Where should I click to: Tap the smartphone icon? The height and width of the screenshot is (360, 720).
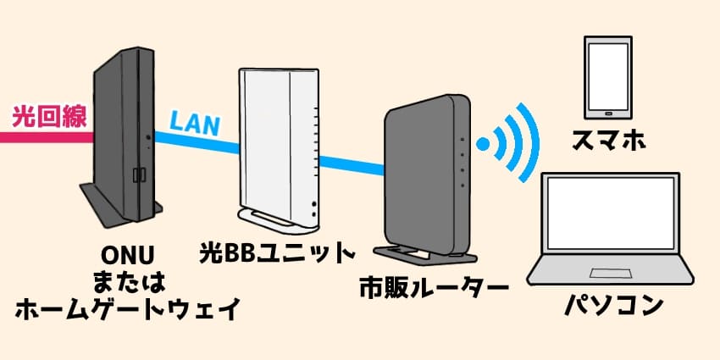pyautogui.click(x=607, y=77)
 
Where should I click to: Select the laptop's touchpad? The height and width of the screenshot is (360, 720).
pyautogui.click(x=614, y=274)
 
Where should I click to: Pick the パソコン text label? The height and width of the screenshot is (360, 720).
pyautogui.click(x=613, y=306)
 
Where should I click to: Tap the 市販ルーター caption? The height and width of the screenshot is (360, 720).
pyautogui.click(x=433, y=287)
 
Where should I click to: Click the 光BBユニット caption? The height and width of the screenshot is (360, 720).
pyautogui.click(x=276, y=252)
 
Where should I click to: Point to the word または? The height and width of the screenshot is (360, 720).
pyautogui.click(x=124, y=280)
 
